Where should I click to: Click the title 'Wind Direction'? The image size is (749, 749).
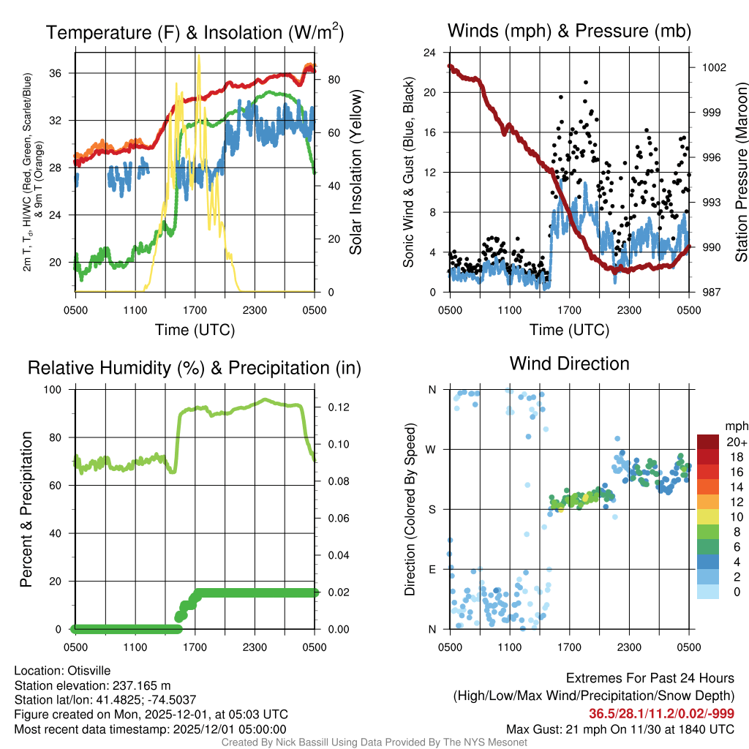[x=569, y=364]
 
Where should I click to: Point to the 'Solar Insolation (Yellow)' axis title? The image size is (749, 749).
[x=356, y=173]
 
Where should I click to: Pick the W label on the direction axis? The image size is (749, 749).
[x=432, y=449]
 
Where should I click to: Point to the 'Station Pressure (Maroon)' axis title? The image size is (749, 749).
[x=740, y=173]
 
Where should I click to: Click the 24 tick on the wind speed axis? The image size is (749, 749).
[x=430, y=53]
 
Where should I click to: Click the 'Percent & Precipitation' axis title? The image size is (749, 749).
[x=26, y=509]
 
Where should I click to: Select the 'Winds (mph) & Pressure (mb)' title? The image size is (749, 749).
[x=569, y=31]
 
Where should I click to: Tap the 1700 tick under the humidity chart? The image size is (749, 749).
[x=194, y=647]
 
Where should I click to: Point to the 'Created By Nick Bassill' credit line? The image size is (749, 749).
[x=374, y=742]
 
